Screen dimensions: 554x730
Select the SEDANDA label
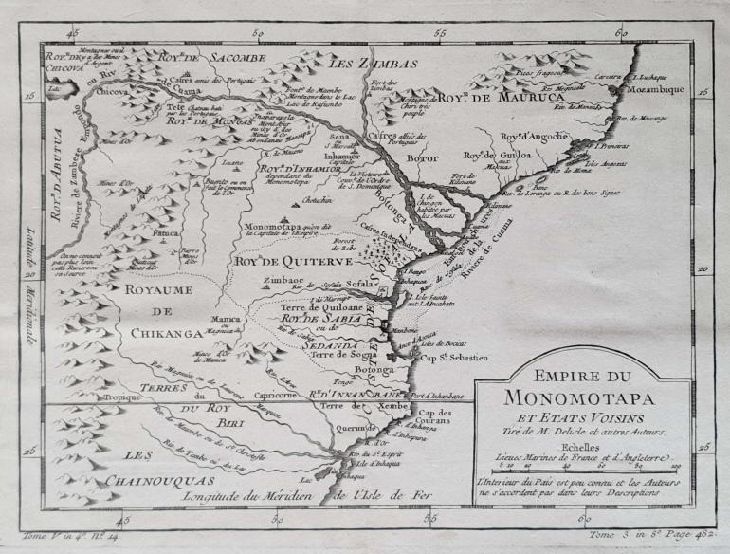[x=328, y=345]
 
